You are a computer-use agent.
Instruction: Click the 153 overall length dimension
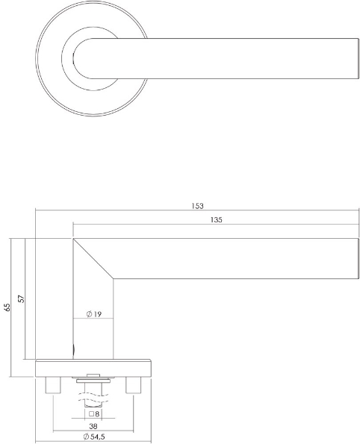click(197, 206)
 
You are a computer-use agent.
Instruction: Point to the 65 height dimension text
click(7, 307)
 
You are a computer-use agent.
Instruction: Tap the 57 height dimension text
click(22, 298)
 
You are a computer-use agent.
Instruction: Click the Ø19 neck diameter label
click(94, 314)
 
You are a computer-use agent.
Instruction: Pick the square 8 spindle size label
click(94, 413)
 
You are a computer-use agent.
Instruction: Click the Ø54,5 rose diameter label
click(94, 437)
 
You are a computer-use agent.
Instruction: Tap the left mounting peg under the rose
click(54, 385)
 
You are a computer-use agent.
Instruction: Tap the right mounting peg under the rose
click(134, 385)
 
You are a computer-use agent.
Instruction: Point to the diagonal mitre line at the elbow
click(93, 259)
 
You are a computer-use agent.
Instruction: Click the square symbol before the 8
click(90, 413)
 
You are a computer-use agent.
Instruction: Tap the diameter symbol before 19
click(89, 314)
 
